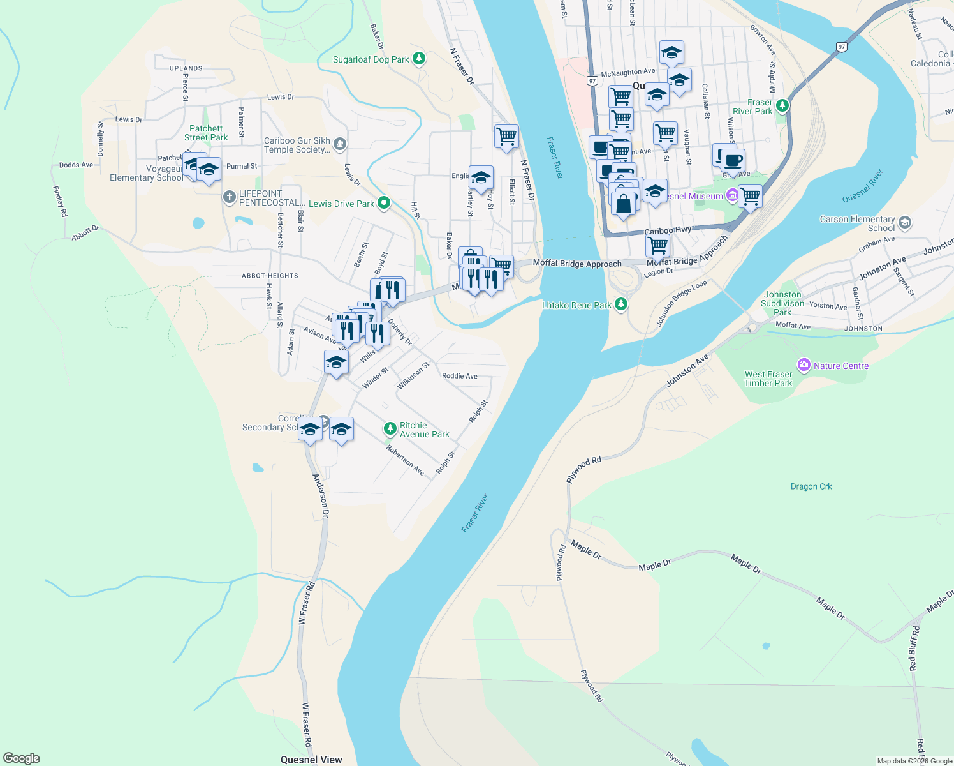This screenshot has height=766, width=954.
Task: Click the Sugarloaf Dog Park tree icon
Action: coord(418,59)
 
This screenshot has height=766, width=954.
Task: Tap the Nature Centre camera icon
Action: coord(804,366)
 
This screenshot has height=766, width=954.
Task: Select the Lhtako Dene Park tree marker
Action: coord(620,304)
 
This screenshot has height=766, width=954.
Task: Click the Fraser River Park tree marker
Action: coord(782,106)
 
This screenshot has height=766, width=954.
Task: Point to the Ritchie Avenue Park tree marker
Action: coord(390,428)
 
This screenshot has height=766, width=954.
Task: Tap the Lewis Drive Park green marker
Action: coord(383,203)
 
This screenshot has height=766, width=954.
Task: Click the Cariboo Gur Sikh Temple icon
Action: coord(340,144)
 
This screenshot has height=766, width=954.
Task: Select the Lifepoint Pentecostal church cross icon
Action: coord(229,197)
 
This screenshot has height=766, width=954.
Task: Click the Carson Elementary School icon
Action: coord(904,223)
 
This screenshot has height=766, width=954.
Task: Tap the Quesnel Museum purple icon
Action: coord(733,195)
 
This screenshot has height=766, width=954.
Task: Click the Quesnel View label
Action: coord(311,759)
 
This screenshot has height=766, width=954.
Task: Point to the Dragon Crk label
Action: coord(811,486)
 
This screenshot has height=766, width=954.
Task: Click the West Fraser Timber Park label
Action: coord(768,379)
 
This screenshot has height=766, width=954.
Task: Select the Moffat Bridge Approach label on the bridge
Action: coord(577,264)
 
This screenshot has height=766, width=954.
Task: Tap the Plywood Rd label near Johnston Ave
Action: coord(584,469)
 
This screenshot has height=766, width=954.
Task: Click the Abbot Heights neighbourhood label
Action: coord(270,276)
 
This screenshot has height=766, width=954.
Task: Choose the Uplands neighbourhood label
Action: coord(186,68)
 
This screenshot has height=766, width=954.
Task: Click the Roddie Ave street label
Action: coord(460,376)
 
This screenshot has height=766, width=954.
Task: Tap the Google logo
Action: coord(22,758)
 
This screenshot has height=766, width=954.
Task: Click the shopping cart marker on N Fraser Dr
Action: coord(506,137)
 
